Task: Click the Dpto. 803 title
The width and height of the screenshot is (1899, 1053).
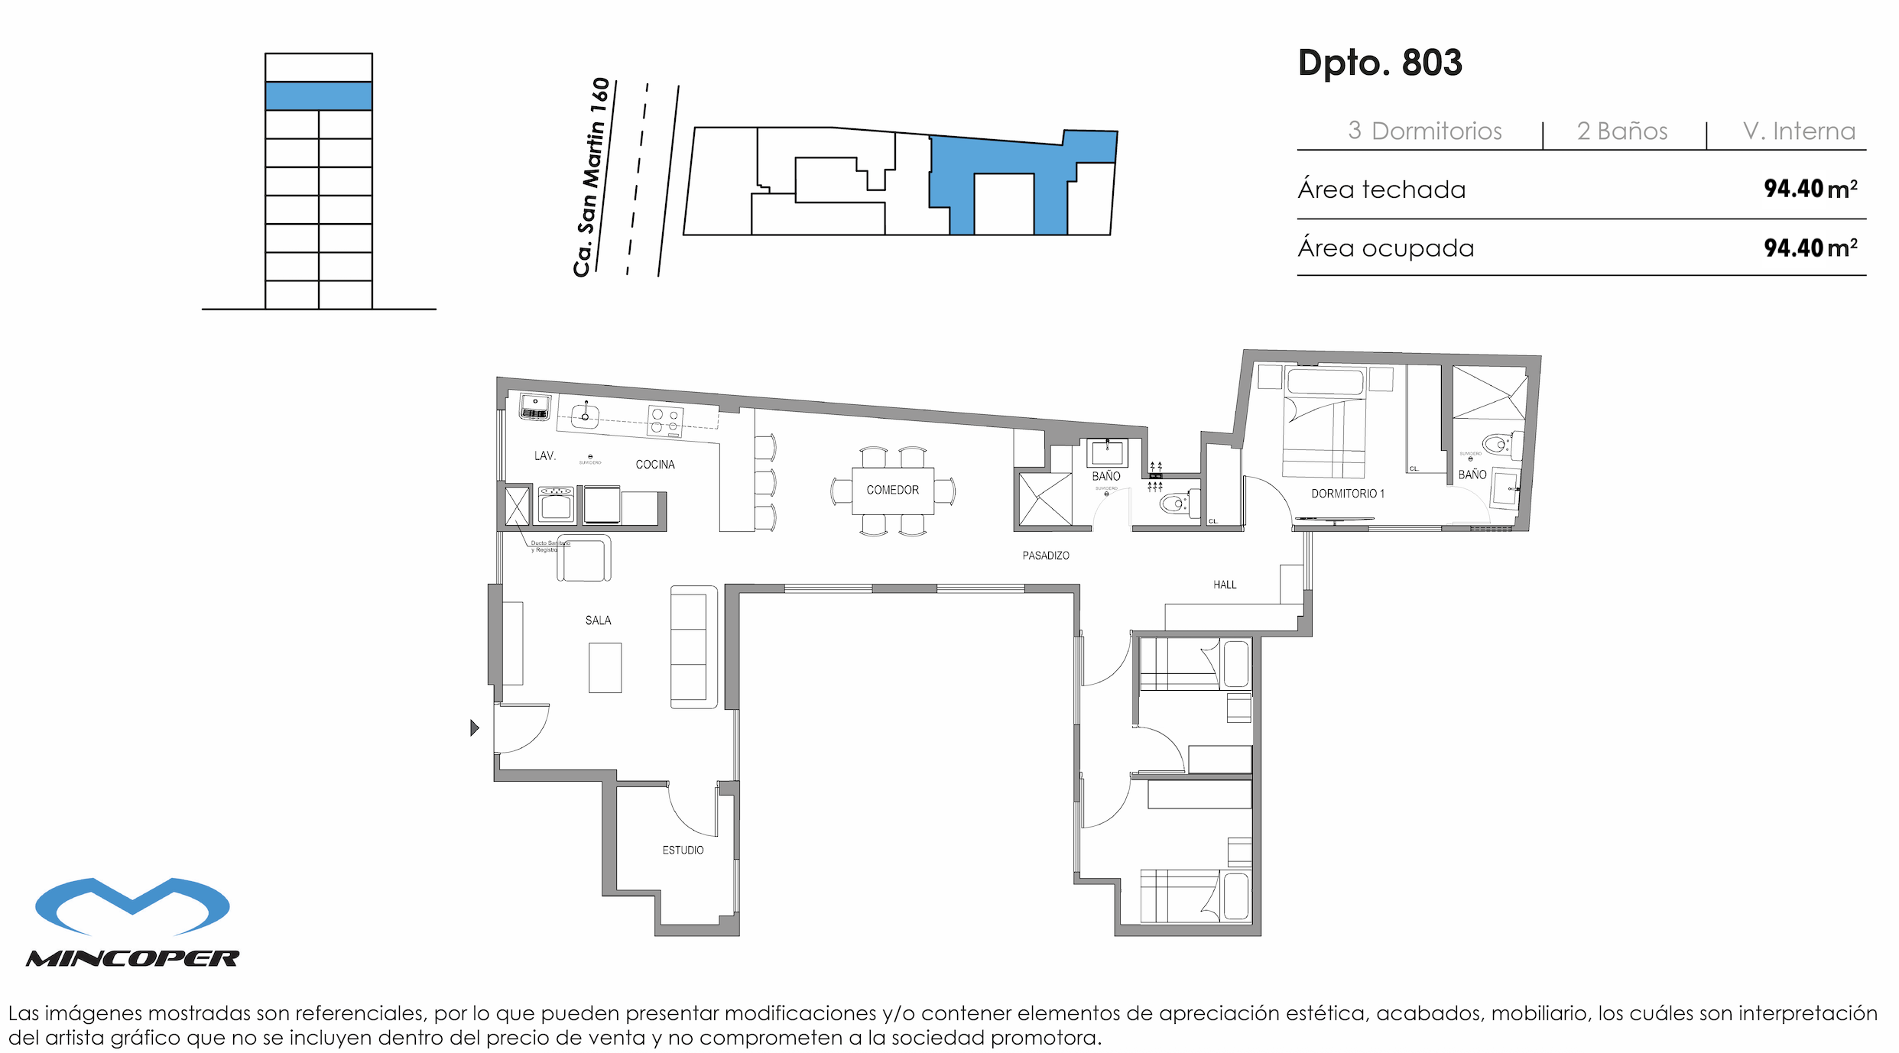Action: click(x=1379, y=63)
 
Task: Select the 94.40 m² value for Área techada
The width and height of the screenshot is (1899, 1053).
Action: click(x=1810, y=189)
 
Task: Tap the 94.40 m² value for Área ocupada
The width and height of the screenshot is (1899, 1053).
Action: click(x=1810, y=248)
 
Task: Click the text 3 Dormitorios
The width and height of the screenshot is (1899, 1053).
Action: click(x=1424, y=131)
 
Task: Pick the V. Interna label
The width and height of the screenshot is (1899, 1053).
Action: click(x=1798, y=131)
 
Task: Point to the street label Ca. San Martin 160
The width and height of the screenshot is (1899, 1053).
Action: click(x=591, y=177)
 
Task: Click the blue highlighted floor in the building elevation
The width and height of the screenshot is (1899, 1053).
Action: click(x=318, y=96)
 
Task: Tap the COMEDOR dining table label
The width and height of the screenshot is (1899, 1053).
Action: click(x=892, y=490)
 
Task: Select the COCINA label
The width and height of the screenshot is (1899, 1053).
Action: click(x=654, y=465)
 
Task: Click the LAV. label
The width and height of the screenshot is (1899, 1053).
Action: click(x=544, y=456)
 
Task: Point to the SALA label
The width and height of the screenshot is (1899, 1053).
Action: click(x=598, y=620)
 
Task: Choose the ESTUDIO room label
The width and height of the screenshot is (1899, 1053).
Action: click(x=683, y=850)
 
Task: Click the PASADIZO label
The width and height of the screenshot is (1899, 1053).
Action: click(x=1045, y=556)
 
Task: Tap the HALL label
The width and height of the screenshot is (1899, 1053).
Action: click(x=1224, y=585)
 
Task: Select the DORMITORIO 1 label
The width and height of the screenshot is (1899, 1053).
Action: click(x=1347, y=494)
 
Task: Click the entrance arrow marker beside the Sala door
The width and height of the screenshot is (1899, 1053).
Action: click(x=474, y=727)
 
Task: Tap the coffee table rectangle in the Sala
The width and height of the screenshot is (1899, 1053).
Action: click(x=605, y=668)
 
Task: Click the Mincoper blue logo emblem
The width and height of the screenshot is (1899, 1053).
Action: click(x=132, y=906)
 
